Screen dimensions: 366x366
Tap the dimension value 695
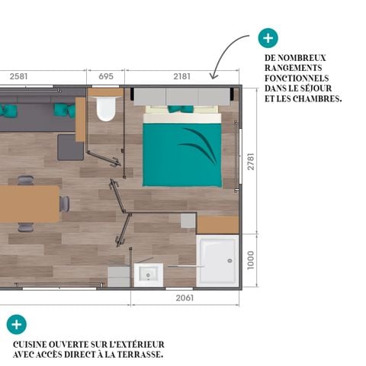tap(106, 76)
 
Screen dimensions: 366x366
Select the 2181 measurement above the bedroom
tap(181, 76)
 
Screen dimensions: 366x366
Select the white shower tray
tap(217, 261)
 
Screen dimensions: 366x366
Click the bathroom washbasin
tap(148, 273)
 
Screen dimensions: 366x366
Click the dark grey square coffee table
tap(70, 147)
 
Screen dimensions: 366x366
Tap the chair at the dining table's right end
tap(65, 204)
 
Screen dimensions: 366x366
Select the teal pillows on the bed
tap(181, 110)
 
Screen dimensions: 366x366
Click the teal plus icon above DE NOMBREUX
tap(268, 38)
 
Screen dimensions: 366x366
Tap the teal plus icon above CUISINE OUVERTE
tap(16, 324)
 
